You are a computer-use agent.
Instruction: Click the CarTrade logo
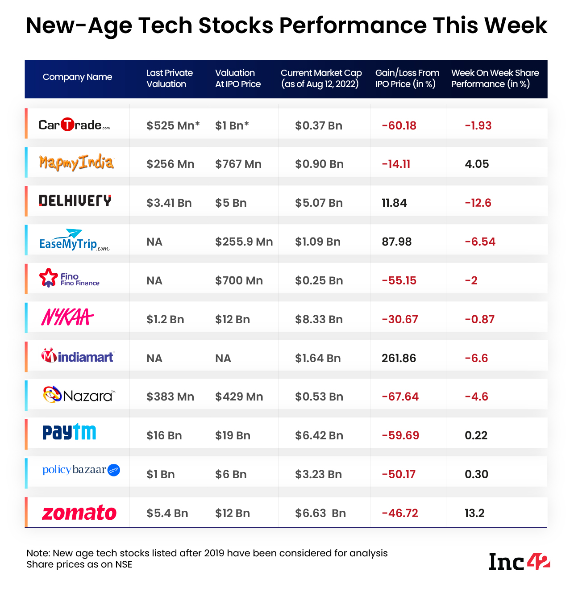74,125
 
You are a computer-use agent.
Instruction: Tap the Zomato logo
79,513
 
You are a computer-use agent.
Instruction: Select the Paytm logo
69,432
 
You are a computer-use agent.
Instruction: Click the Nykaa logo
67,318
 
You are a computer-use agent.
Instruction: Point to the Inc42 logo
519,562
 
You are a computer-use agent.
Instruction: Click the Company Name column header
77,77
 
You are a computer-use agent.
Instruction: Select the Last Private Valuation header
170,79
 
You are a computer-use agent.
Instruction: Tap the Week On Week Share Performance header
495,79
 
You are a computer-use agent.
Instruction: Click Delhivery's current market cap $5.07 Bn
319,203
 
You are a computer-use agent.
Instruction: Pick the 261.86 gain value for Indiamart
399,359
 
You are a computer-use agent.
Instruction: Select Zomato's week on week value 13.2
474,513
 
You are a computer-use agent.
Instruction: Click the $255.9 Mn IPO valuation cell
244,242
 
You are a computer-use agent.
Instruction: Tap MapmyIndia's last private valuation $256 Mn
170,164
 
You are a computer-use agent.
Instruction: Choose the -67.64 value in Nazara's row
400,397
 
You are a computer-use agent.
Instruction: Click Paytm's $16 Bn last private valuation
164,436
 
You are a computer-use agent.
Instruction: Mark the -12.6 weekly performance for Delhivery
478,203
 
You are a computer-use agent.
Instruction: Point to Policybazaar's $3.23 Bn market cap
318,475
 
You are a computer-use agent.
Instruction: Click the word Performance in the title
353,25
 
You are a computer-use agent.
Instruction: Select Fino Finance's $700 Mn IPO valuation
239,281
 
